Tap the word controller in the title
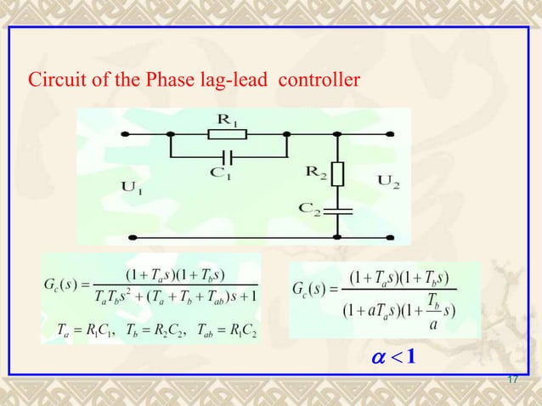coord(319,82)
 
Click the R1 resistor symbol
coord(228,134)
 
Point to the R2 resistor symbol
coord(339,174)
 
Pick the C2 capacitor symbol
coord(339,208)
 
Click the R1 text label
coord(228,121)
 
